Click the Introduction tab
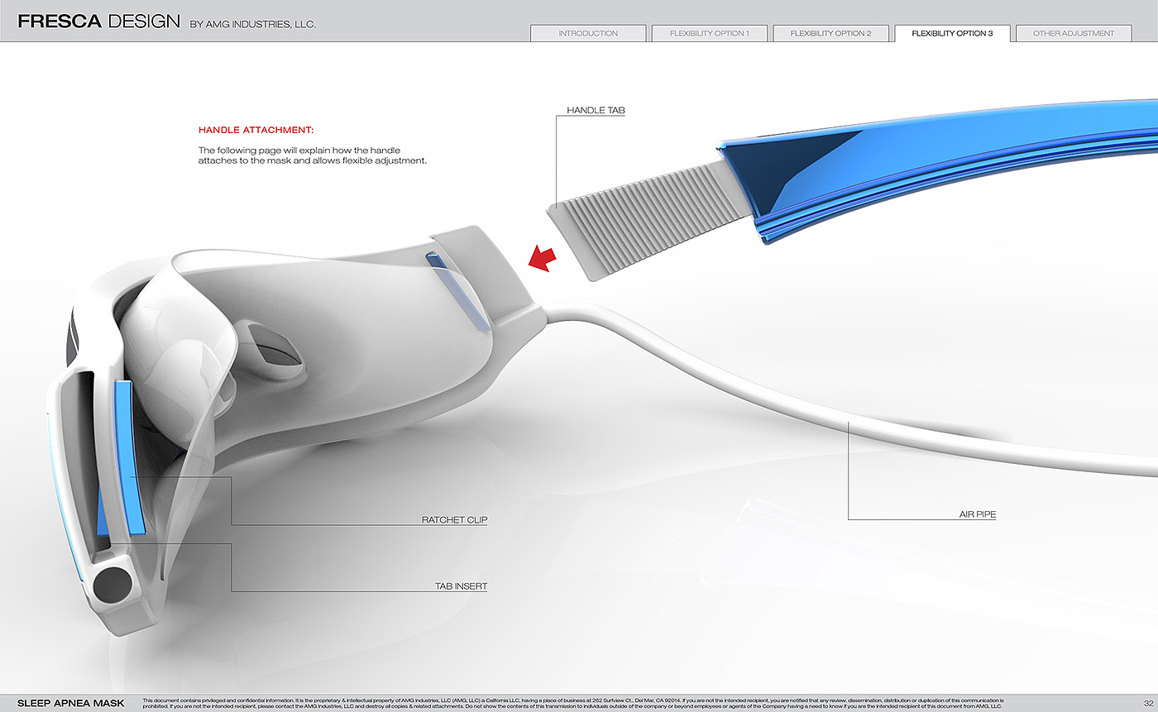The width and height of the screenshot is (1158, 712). coord(588,34)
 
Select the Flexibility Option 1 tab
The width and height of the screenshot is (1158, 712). coord(710,34)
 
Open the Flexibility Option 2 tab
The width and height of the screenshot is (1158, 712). coord(830,34)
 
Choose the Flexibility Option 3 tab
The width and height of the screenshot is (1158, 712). coord(952,34)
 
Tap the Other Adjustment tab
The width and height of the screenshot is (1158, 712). coord(1074,34)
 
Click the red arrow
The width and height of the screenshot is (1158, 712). coord(543,258)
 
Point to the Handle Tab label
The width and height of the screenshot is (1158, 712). coord(596,110)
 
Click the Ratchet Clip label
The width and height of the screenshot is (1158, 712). coord(454,520)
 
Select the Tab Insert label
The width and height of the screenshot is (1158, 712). coord(461,586)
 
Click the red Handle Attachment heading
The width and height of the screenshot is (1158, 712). coord(256,130)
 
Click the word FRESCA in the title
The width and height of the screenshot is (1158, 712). coord(59,22)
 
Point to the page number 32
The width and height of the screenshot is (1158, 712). coord(1137,703)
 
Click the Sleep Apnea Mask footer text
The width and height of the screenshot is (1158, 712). coord(71,703)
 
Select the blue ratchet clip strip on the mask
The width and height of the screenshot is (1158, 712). coord(131,454)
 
